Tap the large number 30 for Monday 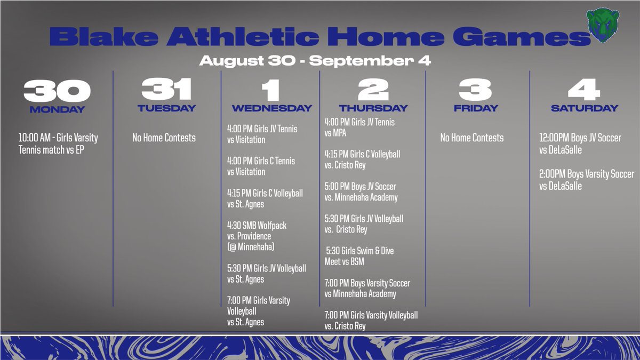[57, 91]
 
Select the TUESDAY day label [166, 108]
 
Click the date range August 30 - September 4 [315, 61]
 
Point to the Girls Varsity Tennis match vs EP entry [58, 143]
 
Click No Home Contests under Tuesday [164, 138]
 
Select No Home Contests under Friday [471, 138]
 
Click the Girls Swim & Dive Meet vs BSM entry [359, 256]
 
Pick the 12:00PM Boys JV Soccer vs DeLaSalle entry [580, 143]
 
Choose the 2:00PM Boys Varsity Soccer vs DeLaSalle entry [587, 180]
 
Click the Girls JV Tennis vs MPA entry [359, 127]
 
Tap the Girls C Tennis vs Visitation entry [261, 166]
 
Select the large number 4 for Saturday [584, 91]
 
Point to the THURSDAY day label [373, 108]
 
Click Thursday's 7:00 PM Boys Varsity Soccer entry [367, 289]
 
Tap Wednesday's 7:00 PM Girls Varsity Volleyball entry [259, 311]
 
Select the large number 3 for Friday [475, 91]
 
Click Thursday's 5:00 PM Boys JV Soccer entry [361, 192]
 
